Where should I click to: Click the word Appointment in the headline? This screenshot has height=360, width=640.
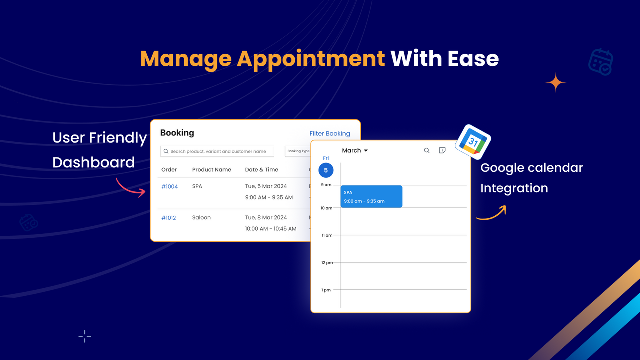[x=311, y=59]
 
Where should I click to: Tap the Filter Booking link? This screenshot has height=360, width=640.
[x=330, y=133]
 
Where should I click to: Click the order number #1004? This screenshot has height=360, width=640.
[x=169, y=186]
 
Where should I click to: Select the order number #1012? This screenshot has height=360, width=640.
[x=168, y=218]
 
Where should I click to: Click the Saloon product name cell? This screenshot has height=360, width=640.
[x=201, y=218]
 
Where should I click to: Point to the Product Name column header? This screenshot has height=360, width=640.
[x=211, y=170]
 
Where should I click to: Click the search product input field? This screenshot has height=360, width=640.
[x=217, y=151]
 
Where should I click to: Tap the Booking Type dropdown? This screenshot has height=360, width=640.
[x=298, y=151]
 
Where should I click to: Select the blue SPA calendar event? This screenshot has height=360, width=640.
[x=371, y=196]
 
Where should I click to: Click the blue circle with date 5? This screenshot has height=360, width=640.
[x=326, y=170]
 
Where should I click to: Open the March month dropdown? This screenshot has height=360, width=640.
[x=355, y=150]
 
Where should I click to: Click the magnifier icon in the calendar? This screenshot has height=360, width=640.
[x=427, y=150]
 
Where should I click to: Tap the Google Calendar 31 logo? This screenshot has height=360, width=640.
[x=473, y=142]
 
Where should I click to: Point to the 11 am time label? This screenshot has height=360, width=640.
[x=327, y=235]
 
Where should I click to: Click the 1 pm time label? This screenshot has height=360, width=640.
[x=326, y=290]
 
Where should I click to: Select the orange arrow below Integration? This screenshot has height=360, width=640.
[x=491, y=213]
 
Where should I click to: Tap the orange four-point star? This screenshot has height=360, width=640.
[x=555, y=83]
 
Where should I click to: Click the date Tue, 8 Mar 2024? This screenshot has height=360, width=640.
[x=266, y=218]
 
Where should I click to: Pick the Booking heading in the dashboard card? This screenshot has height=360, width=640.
[x=177, y=133]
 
